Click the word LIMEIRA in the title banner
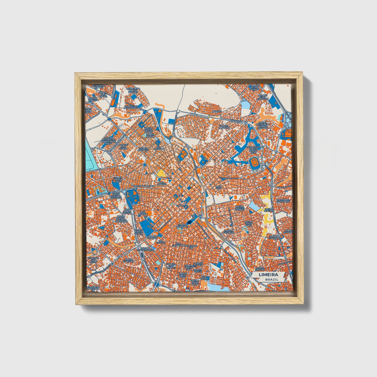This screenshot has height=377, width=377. (268, 275)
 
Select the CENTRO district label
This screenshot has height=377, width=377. (181, 206)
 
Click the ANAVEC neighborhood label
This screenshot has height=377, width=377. (217, 111)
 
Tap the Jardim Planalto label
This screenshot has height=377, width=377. (225, 127)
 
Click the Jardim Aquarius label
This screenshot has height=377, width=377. (144, 149)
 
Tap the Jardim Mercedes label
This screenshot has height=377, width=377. (182, 225)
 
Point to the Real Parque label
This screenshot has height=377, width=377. (142, 213)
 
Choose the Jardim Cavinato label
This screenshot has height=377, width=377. (230, 232)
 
